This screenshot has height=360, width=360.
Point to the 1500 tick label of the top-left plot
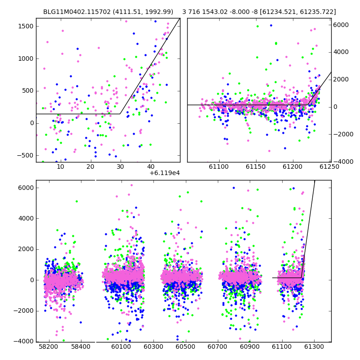(x=26, y=26)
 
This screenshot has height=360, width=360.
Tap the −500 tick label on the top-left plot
(x=25, y=155)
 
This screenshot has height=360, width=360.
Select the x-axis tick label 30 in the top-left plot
(x=121, y=166)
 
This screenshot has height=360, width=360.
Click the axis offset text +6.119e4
(x=165, y=173)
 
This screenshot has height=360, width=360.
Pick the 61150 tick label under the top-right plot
(x=256, y=166)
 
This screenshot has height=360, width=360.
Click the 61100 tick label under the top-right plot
(x=219, y=166)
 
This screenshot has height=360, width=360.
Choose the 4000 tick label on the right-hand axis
(x=341, y=52)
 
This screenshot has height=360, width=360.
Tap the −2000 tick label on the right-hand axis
(x=343, y=134)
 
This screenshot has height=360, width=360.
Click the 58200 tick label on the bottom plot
(x=49, y=346)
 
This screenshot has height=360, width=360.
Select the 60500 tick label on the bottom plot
(x=185, y=346)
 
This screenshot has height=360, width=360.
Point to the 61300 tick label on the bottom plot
(x=314, y=346)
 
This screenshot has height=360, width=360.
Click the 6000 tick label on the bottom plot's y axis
(x=26, y=188)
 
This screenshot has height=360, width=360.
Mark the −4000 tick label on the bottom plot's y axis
(x=23, y=342)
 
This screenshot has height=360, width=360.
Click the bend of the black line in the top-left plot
(x=120, y=114)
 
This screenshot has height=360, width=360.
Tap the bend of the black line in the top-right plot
(x=307, y=105)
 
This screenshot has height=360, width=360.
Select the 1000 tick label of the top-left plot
(x=26, y=58)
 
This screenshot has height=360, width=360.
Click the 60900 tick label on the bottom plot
(x=250, y=346)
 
